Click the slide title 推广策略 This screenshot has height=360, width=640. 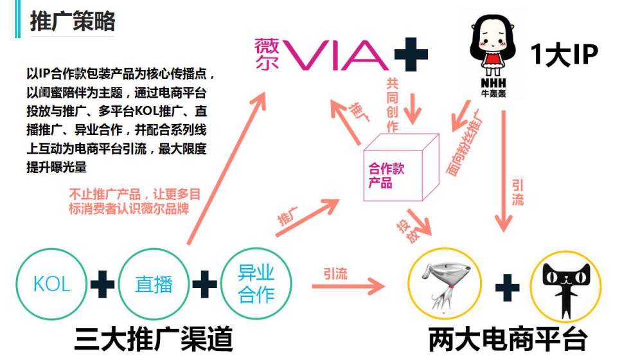[x=73, y=21]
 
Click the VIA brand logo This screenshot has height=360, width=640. [x=322, y=55]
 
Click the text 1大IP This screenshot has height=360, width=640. [x=564, y=55]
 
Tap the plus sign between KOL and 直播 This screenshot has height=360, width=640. [x=102, y=283]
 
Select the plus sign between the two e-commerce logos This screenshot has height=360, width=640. [x=506, y=287]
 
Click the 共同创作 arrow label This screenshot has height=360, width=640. [x=393, y=104]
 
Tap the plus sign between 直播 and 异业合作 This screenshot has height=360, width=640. [x=204, y=283]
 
